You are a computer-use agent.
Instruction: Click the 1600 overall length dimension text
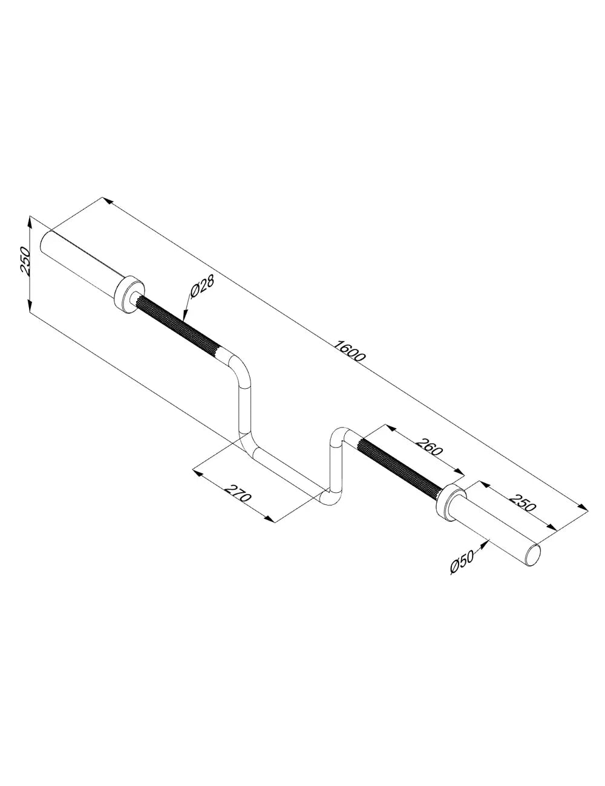tap(350, 351)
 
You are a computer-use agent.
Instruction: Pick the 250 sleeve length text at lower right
tap(522, 502)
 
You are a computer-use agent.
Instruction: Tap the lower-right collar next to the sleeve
tap(451, 503)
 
